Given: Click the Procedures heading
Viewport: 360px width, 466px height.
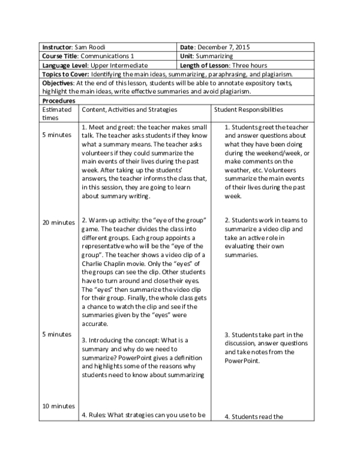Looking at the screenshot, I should click(59, 101).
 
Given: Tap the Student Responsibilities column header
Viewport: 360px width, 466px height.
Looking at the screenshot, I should click(249, 110).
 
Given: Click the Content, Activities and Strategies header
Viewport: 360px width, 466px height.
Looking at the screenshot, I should click(130, 110).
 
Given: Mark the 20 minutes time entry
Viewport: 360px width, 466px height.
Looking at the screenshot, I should click(58, 222).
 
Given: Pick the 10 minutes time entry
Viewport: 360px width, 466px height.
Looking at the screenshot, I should click(58, 406).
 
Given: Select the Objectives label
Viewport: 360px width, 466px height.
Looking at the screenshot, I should click(59, 82).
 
